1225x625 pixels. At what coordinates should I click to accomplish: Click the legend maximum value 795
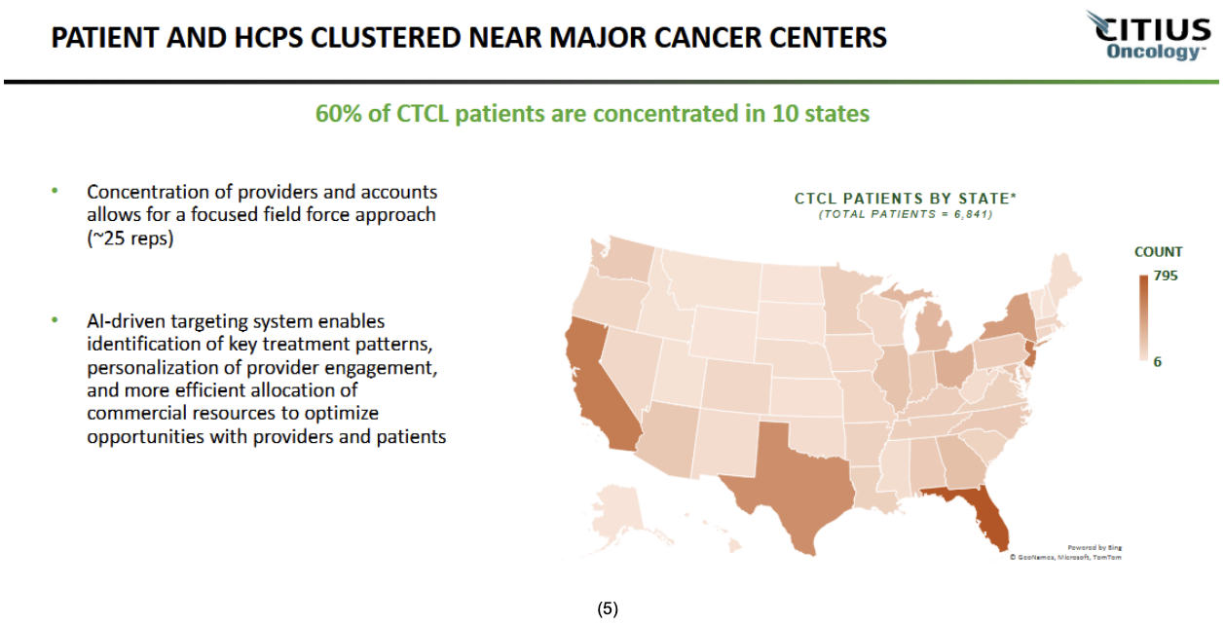(x=1166, y=276)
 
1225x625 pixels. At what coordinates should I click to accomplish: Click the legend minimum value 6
(x=1158, y=361)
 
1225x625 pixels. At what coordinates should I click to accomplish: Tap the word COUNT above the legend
(x=1158, y=252)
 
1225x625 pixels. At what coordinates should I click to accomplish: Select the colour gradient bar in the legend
(x=1142, y=317)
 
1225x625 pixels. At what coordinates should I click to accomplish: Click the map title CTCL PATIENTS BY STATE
(x=905, y=199)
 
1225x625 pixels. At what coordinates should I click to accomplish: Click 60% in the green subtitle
(x=338, y=114)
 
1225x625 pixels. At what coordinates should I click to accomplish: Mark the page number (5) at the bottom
(x=608, y=609)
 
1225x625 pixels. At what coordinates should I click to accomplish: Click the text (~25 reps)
(x=130, y=237)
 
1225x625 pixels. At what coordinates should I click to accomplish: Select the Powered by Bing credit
(x=1095, y=547)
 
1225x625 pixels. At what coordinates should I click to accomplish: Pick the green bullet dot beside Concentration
(x=56, y=191)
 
